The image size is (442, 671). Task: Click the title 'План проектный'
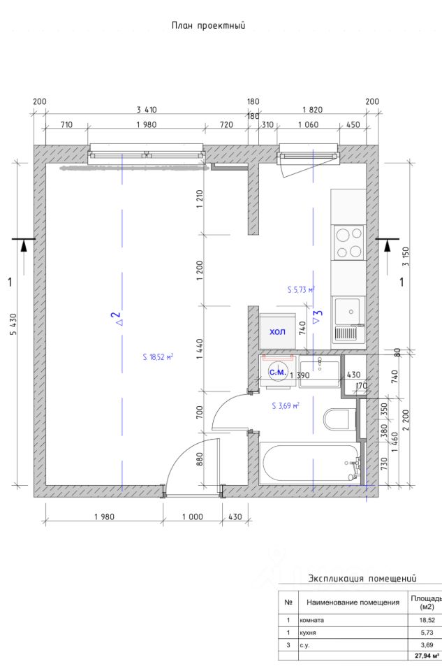pyautogui.click(x=209, y=25)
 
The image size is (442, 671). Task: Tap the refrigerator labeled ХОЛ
pyautogui.click(x=278, y=331)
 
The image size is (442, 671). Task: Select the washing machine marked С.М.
pyautogui.click(x=277, y=371)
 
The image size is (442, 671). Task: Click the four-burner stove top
pyautogui.click(x=348, y=243)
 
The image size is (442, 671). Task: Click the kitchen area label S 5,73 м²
pyautogui.click(x=302, y=289)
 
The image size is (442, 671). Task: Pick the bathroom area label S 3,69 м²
pyautogui.click(x=286, y=405)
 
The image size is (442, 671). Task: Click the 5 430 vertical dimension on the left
pyautogui.click(x=13, y=324)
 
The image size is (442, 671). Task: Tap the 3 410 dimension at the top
pyautogui.click(x=147, y=110)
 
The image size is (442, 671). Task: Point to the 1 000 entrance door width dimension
pyautogui.click(x=193, y=517)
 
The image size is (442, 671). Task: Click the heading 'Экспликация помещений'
pyautogui.click(x=362, y=579)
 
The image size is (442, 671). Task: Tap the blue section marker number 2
pyautogui.click(x=115, y=319)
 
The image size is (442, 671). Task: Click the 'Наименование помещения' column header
pyautogui.click(x=353, y=602)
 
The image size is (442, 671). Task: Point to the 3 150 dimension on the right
pyautogui.click(x=406, y=257)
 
